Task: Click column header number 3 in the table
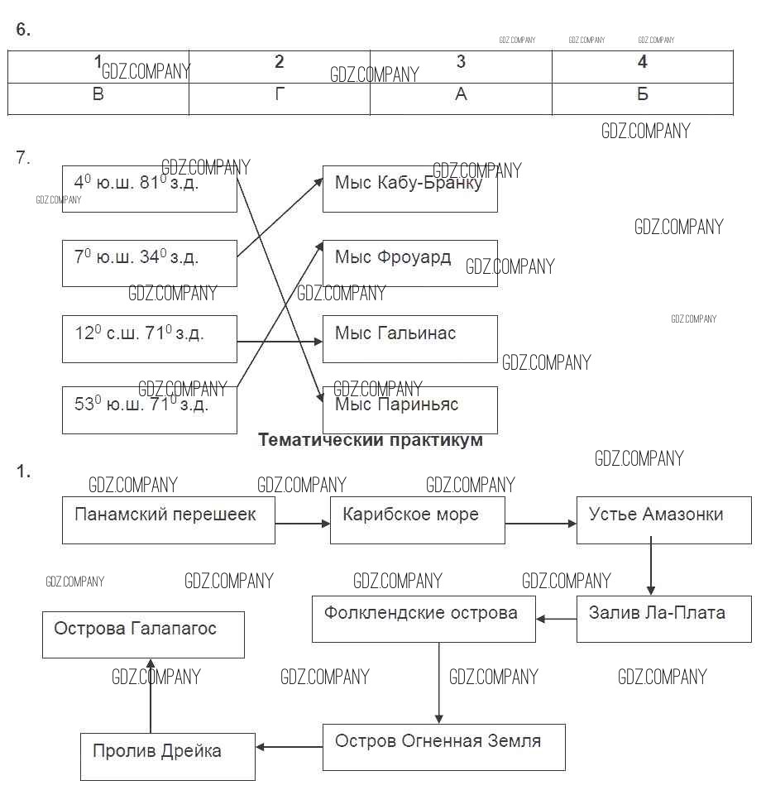pyautogui.click(x=461, y=63)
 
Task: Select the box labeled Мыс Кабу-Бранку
pyautogui.click(x=409, y=189)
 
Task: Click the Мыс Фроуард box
pyautogui.click(x=409, y=263)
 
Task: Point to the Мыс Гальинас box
pyautogui.click(x=409, y=338)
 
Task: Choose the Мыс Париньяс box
pyautogui.click(x=409, y=409)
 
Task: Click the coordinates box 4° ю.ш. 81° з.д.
pyautogui.click(x=149, y=189)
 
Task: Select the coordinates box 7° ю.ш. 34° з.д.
pyautogui.click(x=149, y=263)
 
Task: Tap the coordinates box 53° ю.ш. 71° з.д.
pyautogui.click(x=149, y=409)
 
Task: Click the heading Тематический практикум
pyautogui.click(x=371, y=440)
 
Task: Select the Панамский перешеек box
pyautogui.click(x=168, y=519)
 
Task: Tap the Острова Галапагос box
pyautogui.click(x=143, y=634)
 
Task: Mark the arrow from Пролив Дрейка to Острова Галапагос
pyautogui.click(x=151, y=695)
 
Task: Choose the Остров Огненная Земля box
pyautogui.click(x=443, y=746)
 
